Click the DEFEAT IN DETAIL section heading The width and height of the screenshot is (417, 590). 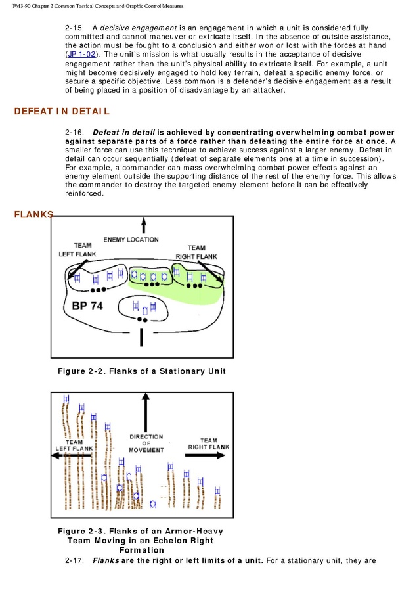62,112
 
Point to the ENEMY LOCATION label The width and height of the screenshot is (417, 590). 130,240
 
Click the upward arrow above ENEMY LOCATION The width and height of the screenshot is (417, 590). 143,227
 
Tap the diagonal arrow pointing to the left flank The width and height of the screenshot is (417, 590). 76,270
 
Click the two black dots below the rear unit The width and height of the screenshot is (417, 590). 142,319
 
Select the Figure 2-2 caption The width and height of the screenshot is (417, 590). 141,371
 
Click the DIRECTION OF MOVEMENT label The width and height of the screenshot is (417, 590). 146,443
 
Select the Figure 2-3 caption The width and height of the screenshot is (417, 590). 141,540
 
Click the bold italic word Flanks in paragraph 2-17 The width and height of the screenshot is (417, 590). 106,560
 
